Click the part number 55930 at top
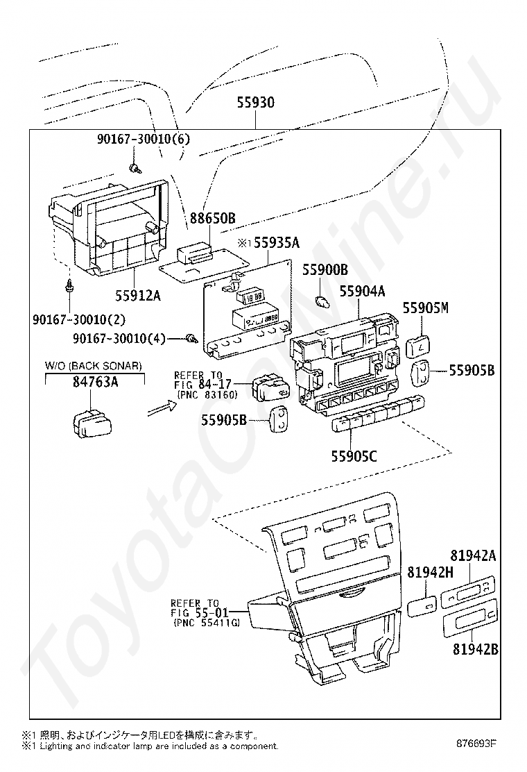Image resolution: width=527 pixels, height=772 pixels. pos(256,103)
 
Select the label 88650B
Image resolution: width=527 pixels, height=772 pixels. pos(213,218)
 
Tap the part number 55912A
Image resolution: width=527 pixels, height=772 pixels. pos(138,296)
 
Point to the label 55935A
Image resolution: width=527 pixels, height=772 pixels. pos(276,242)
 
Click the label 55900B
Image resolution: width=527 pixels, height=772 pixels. pos(325,269)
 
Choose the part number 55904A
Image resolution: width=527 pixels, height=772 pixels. pos(362,292)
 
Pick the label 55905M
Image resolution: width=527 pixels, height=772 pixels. pos(426,308)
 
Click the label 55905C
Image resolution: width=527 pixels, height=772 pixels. pos(354,456)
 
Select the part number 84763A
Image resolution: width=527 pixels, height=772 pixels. pos(96,382)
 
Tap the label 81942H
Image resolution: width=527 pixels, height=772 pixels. pos(430,572)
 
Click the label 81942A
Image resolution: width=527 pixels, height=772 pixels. pos(474,556)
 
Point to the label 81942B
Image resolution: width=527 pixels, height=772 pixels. pos(476,650)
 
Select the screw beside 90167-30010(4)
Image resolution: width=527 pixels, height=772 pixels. pos(191,338)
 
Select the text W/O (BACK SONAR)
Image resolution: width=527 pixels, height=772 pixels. pos(94,366)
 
